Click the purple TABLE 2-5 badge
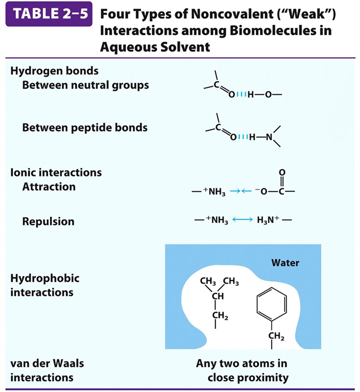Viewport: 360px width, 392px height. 48,14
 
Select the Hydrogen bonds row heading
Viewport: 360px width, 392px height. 54,71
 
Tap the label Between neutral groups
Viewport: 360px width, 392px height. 86,85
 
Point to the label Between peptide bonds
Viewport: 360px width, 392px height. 84,127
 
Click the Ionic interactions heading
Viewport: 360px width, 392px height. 56,172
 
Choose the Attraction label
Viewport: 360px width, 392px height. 49,187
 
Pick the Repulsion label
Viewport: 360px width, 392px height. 48,221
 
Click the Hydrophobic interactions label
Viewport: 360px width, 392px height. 45,285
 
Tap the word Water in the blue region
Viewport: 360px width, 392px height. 285,263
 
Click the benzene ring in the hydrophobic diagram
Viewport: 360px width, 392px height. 269,306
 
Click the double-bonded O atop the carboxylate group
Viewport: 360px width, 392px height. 282,173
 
